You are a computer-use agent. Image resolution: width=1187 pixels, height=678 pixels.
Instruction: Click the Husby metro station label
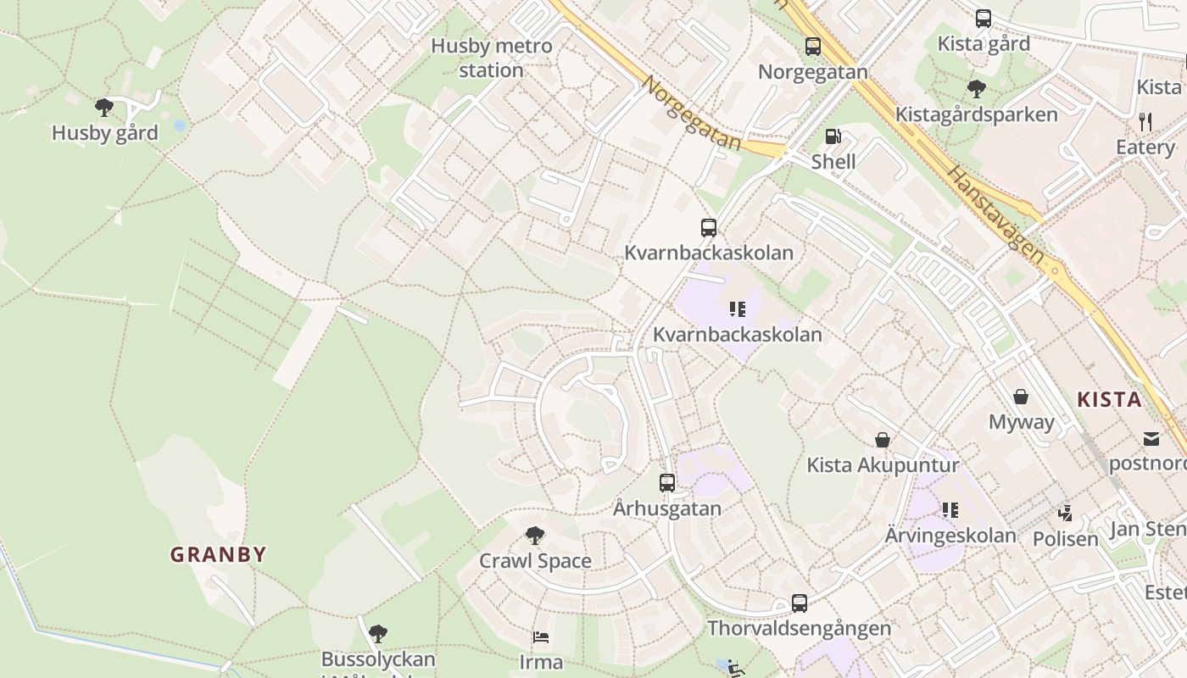tap(492, 58)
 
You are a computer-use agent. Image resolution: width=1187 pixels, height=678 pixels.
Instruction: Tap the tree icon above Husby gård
tap(104, 108)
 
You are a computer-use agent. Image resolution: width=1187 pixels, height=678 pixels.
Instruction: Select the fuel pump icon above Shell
tap(833, 136)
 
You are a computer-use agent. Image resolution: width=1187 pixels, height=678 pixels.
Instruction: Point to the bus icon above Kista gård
tap(984, 19)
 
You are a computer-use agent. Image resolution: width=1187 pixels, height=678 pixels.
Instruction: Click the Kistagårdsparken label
tap(977, 114)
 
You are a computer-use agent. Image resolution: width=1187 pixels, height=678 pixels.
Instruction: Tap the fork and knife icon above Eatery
tap(1145, 122)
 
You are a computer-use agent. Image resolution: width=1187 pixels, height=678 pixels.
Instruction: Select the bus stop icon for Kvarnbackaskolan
tap(709, 228)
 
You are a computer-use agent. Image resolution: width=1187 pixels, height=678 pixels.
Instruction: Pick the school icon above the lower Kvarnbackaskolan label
tap(738, 309)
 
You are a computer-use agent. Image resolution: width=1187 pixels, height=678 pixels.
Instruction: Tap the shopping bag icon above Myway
tap(1021, 397)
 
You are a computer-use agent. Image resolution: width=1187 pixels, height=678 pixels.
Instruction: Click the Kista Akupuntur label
tap(883, 464)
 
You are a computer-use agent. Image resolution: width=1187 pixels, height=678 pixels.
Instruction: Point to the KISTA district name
tap(1109, 400)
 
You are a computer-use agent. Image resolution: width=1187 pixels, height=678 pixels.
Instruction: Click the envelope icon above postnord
tap(1151, 439)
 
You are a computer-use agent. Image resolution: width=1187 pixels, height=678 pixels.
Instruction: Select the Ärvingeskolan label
tap(950, 536)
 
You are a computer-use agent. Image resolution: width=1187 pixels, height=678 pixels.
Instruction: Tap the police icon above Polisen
tap(1066, 514)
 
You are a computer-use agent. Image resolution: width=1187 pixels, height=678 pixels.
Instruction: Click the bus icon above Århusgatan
tap(667, 483)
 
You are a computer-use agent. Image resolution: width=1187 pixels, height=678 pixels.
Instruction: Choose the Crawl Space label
tap(535, 561)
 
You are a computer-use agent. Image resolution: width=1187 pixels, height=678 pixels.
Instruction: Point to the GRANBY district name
tap(219, 555)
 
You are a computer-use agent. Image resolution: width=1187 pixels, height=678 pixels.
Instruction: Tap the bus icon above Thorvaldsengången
tap(800, 603)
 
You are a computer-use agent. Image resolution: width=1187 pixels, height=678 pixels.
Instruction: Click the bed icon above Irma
tap(541, 637)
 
